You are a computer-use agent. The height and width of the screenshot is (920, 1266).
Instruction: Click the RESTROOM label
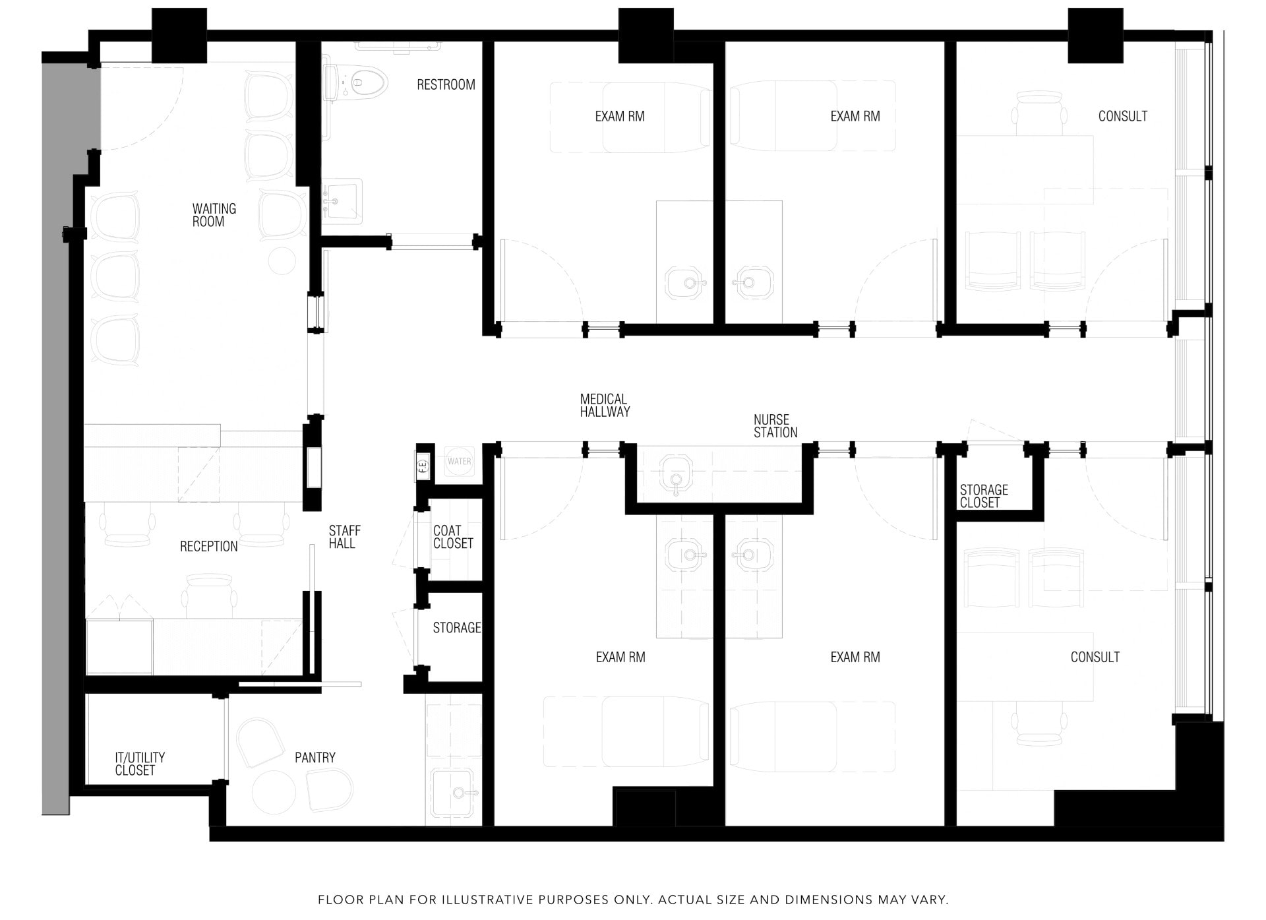(x=446, y=84)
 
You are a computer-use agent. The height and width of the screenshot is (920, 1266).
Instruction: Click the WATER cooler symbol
(x=459, y=462)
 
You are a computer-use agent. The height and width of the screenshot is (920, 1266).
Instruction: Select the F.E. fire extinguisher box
(x=423, y=465)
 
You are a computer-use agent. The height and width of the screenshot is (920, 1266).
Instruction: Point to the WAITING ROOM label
(x=214, y=215)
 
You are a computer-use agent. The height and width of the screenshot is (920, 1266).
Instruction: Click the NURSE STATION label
(x=775, y=426)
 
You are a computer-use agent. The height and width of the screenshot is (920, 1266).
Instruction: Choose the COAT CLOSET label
(x=453, y=537)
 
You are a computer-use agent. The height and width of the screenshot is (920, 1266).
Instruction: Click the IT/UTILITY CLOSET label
(x=139, y=764)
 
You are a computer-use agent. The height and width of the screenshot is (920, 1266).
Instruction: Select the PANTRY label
(x=315, y=758)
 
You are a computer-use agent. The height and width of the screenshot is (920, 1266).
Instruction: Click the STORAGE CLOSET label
(x=983, y=496)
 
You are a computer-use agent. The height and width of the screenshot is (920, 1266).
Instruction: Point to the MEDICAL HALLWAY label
(x=605, y=406)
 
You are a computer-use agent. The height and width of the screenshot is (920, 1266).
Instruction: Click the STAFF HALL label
(x=344, y=537)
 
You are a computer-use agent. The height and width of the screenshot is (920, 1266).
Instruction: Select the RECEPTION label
(x=208, y=546)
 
